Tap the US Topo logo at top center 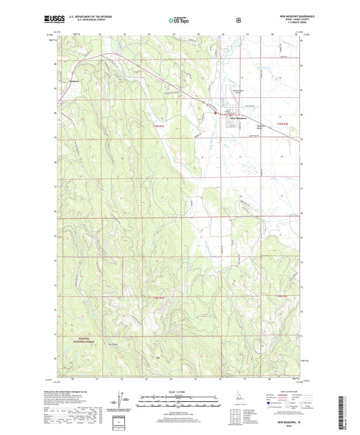coord(179,21)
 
